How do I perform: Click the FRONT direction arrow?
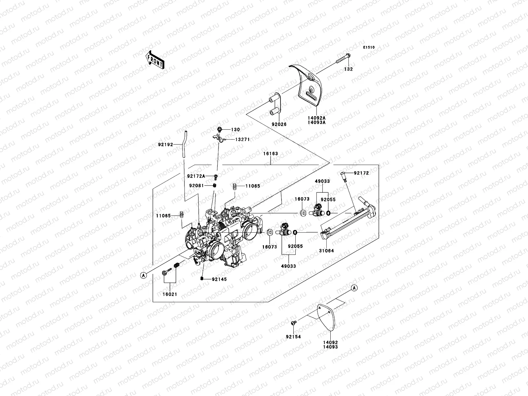pos(155,60)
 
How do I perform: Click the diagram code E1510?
pos(369,48)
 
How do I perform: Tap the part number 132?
pos(348,69)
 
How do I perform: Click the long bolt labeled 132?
pos(343,59)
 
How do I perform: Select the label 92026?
pos(279,124)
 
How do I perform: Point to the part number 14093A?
pos(316,122)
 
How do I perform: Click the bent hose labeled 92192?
pos(184,144)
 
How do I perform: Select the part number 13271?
pos(242,140)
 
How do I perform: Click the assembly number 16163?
pos(270,153)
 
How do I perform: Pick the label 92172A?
pos(196,176)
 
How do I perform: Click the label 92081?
pos(196,185)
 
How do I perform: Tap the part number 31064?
pos(326,251)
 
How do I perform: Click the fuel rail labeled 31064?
pos(348,218)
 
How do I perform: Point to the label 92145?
pos(219,280)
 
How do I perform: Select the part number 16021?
pos(170,294)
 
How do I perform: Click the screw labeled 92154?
pos(293,323)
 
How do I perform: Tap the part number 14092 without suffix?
pos(330,343)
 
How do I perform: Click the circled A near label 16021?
pos(144,275)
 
